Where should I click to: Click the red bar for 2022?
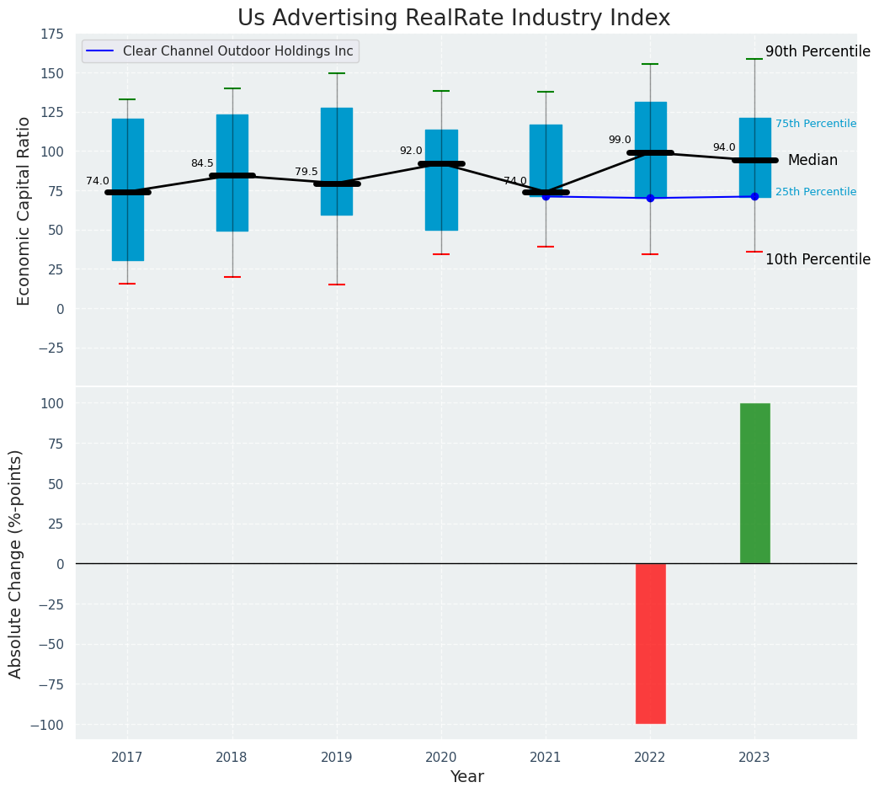click(650, 643)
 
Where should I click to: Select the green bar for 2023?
click(754, 483)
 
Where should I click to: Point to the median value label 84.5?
click(202, 163)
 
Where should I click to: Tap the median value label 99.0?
click(619, 140)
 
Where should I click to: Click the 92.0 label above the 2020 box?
click(411, 151)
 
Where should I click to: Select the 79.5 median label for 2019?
click(306, 172)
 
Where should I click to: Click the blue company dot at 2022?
click(650, 198)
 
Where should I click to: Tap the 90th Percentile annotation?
click(818, 51)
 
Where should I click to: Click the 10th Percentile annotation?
click(818, 259)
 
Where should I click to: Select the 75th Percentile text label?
click(815, 124)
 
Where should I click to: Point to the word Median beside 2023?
click(812, 160)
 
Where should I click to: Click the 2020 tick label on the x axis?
click(441, 758)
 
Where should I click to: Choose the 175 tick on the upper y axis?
click(51, 34)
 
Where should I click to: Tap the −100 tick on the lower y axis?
click(48, 725)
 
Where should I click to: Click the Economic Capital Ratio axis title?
click(24, 210)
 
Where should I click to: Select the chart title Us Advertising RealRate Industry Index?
click(454, 19)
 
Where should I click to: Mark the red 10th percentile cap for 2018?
click(232, 277)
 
